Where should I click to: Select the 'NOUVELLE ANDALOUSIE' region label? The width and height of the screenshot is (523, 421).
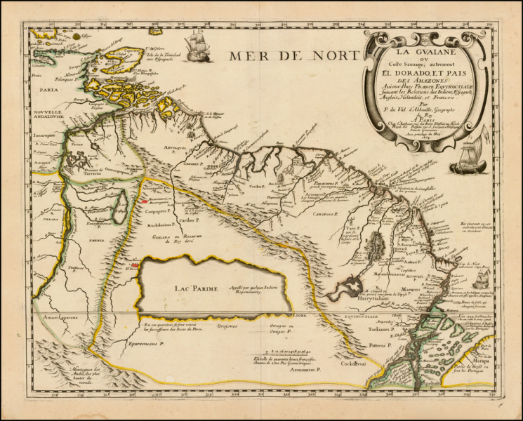tap(44, 114)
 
